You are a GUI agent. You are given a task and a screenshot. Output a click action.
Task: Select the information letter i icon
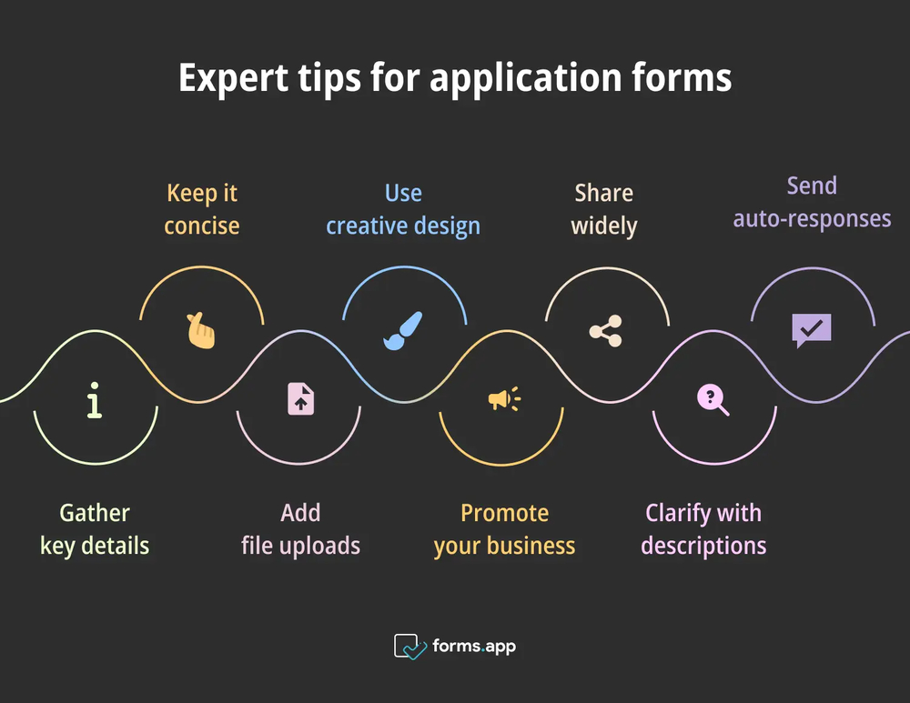[94, 401]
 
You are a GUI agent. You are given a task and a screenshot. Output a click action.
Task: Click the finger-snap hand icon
[201, 330]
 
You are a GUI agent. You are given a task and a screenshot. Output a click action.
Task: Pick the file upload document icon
[300, 399]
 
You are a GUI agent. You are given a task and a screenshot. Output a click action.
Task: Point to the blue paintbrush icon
[402, 331]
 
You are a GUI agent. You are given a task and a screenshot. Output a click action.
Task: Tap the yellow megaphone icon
[503, 398]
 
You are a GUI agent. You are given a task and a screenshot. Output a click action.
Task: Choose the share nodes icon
[605, 331]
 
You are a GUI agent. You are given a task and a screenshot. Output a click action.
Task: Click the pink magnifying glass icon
[712, 399]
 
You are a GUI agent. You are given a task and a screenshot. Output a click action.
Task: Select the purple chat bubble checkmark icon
[811, 329]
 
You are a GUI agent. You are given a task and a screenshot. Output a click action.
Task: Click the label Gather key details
[95, 529]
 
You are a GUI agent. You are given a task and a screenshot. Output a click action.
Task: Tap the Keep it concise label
[201, 209]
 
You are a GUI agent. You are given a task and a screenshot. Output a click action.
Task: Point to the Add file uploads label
[300, 529]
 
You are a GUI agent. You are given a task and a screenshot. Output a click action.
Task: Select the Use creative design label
[403, 209]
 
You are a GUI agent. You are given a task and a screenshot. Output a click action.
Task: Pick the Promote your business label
[504, 529]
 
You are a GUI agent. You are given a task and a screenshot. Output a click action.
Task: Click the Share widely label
[604, 209]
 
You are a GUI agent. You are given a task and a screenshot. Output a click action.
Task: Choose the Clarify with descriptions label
[703, 529]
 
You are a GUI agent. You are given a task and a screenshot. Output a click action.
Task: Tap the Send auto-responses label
[812, 202]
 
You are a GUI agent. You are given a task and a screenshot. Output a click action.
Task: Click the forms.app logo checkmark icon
[410, 647]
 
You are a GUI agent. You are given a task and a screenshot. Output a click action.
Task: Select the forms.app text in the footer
[474, 647]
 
